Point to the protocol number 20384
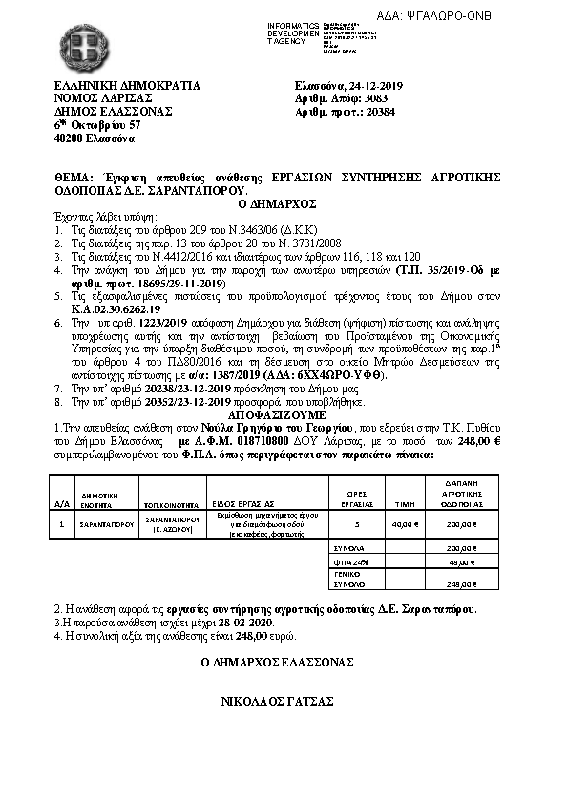pyautogui.click(x=380, y=112)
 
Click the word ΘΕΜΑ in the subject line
pyautogui.click(x=74, y=178)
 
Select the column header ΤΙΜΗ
pyautogui.click(x=405, y=502)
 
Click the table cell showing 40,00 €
pyautogui.click(x=405, y=525)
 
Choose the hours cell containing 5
pyautogui.click(x=357, y=525)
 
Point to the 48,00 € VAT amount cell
pyautogui.click(x=462, y=563)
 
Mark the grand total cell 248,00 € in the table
pyautogui.click(x=462, y=583)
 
